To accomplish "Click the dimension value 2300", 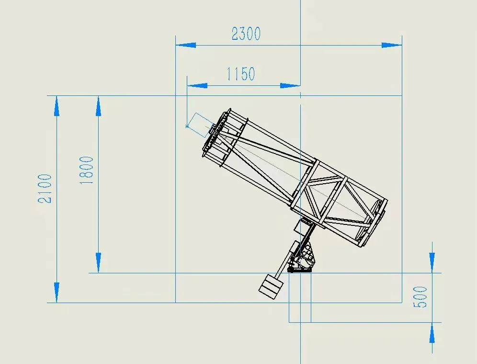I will (246, 34).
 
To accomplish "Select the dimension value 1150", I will (240, 74).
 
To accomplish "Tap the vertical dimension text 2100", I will (45, 188).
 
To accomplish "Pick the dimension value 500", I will (420, 297).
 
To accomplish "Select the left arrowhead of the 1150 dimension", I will (197, 86).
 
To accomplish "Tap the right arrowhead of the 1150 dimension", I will (290, 86).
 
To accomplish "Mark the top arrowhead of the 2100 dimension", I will (57, 106).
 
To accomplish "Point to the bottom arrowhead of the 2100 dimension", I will (57, 292).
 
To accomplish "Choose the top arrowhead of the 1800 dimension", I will (98, 106).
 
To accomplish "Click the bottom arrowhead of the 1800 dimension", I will (98, 263).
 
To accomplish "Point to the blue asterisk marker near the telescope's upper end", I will (187, 126).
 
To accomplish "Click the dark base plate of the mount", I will (299, 270).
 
